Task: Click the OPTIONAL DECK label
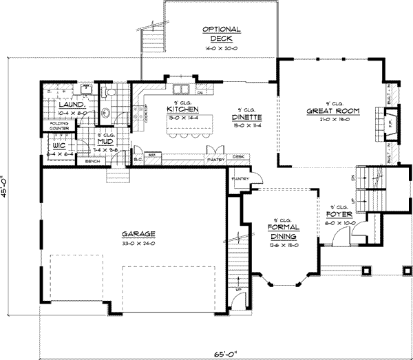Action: pos(221,34)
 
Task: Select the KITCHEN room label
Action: pos(182,109)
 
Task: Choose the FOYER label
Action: pos(339,214)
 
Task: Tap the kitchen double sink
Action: pos(181,89)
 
